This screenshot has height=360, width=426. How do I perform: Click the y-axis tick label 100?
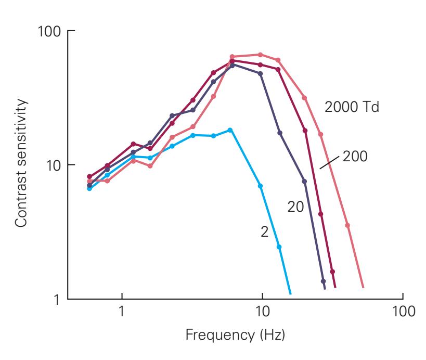coord(50,31)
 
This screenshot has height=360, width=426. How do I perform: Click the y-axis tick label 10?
coord(54,165)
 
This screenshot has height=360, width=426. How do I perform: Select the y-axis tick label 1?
coord(58,300)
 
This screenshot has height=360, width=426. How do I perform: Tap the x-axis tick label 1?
coord(122,312)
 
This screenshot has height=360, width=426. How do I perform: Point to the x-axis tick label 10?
coord(262,312)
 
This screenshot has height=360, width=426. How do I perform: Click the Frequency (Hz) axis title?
coord(236,333)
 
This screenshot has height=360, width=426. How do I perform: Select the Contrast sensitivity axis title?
coord(20,163)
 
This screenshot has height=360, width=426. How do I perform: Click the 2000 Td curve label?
coord(352,108)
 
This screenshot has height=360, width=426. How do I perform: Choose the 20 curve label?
coord(295,207)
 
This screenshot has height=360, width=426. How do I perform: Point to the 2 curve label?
coord(264,232)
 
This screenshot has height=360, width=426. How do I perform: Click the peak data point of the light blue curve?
coord(230,130)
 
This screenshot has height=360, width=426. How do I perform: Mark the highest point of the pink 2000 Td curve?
coord(260,55)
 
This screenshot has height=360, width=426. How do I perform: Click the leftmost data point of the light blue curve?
coord(89,188)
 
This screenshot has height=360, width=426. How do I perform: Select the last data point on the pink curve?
coord(347,225)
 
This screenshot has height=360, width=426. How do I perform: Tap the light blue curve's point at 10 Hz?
coord(260,186)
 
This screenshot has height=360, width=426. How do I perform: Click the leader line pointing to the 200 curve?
coord(330,161)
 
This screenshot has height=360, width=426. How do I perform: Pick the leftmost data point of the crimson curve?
coord(89,177)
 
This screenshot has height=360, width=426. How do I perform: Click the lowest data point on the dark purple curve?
coord(323,281)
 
